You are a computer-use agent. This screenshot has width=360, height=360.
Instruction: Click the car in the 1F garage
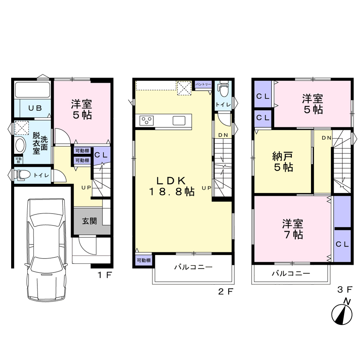[46, 250]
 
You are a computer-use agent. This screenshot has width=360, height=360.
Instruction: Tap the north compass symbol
[342, 312]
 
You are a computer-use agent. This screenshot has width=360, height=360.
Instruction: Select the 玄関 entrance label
[90, 221]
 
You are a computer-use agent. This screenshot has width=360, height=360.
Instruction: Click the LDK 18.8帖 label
[171, 186]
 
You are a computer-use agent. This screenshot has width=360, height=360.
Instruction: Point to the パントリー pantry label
[203, 84]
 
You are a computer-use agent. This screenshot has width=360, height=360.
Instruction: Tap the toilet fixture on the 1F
[22, 175]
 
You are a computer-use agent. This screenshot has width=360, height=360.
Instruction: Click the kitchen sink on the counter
[179, 121]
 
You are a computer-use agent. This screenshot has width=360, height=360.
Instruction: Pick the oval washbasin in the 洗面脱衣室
[21, 145]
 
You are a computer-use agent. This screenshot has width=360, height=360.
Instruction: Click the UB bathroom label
[35, 108]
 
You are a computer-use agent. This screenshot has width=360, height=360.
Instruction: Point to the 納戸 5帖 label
[283, 162]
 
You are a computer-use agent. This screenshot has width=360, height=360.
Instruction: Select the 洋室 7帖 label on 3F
[293, 229]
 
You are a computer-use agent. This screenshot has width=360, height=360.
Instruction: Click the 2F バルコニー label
[193, 267]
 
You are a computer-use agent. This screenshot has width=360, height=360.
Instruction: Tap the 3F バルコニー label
[291, 273]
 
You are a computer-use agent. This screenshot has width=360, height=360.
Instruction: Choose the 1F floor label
[105, 275]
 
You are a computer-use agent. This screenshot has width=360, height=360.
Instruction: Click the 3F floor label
[345, 290]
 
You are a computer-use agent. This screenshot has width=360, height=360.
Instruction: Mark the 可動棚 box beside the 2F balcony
[144, 260]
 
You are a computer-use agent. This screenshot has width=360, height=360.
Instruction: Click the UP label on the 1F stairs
[86, 188]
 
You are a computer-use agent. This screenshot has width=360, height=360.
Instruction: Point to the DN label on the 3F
[327, 138]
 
